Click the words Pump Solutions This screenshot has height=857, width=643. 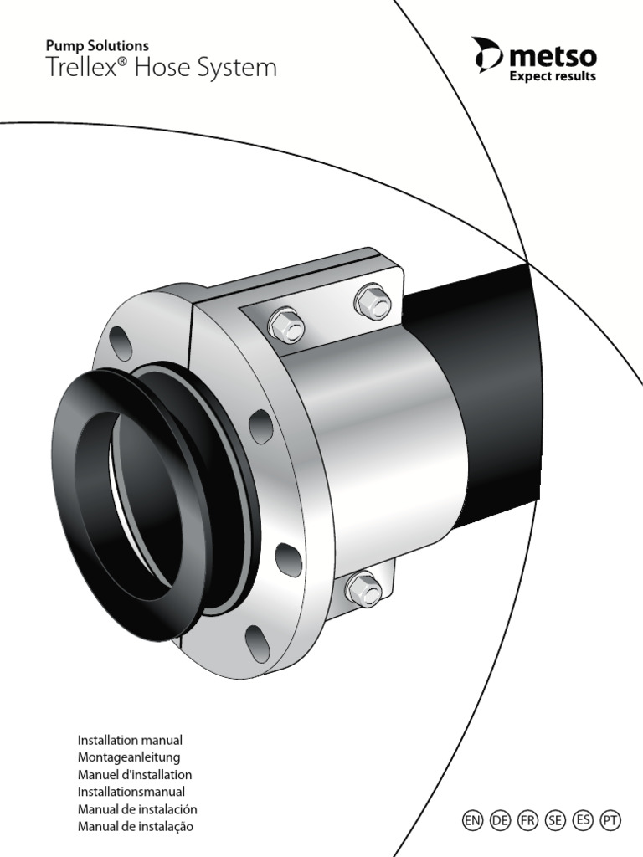pos(97,46)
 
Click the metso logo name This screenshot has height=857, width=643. pos(553,56)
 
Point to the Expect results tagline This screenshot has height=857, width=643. pos(553,76)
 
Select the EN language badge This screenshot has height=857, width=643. pos(472,820)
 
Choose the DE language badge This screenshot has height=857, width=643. pos(500,820)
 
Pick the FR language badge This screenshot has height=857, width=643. pos(527,820)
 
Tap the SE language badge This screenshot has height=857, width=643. pos(555,820)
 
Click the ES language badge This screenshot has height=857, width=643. pos(583,820)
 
